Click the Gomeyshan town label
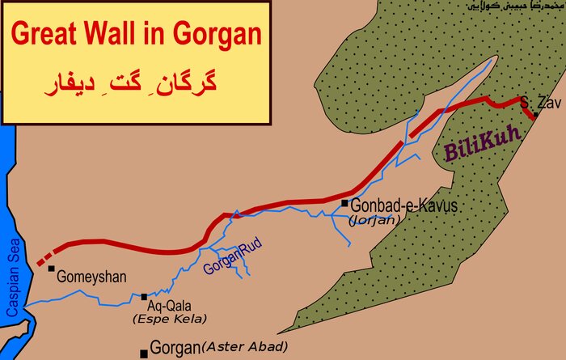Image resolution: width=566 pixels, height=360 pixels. (91, 277)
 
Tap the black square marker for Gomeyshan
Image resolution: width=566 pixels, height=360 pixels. (51, 269)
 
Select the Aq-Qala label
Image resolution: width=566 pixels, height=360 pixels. (167, 306)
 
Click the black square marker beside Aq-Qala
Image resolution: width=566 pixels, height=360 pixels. (144, 297)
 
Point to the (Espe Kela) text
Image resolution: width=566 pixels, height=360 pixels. (159, 320)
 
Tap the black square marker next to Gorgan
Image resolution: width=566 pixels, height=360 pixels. (144, 354)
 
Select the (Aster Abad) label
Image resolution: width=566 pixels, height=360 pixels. (244, 347)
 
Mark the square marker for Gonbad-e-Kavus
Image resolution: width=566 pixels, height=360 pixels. (344, 204)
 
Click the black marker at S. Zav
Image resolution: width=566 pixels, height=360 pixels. (535, 115)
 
